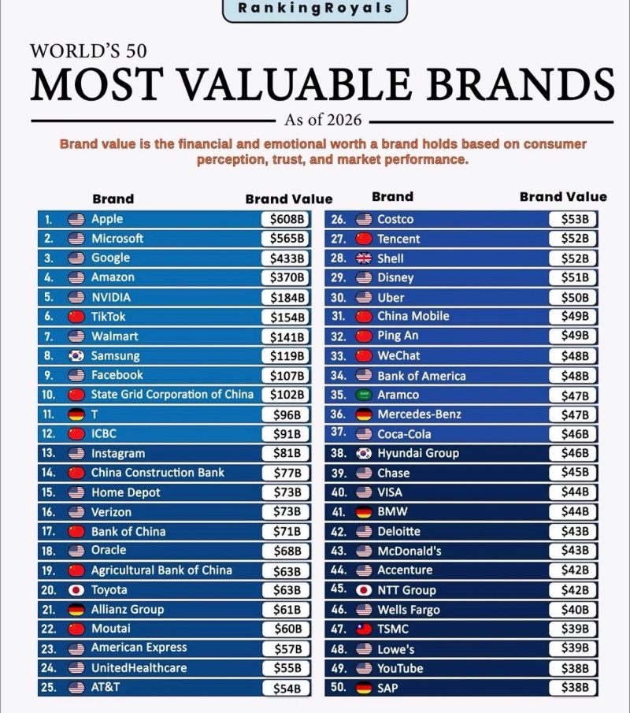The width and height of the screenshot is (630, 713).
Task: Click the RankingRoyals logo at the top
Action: click(314, 8)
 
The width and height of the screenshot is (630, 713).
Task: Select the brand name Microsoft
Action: click(117, 239)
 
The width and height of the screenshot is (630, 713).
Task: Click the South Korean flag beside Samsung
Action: click(76, 355)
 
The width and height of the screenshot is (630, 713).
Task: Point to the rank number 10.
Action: click(47, 395)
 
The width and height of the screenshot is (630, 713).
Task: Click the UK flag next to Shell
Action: click(364, 258)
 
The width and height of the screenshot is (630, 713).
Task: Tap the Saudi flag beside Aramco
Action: click(364, 395)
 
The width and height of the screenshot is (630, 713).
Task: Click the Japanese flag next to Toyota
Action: click(76, 590)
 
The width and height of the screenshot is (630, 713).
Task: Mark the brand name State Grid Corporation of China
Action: click(172, 395)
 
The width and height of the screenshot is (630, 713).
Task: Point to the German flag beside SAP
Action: click(364, 688)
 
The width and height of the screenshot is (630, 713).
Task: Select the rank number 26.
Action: click(339, 220)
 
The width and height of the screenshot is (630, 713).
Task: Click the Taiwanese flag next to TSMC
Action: click(364, 629)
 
